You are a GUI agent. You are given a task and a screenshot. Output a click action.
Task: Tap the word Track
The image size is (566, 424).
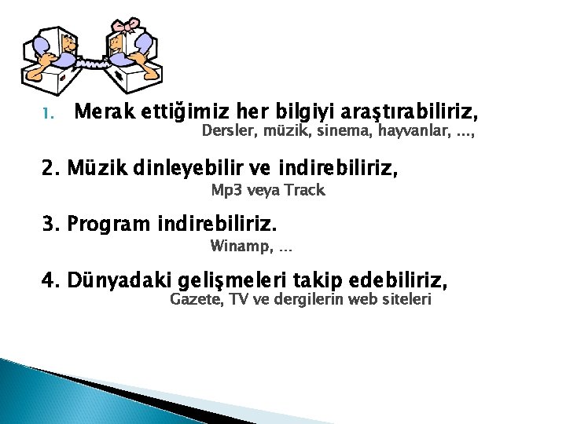pos(303,190)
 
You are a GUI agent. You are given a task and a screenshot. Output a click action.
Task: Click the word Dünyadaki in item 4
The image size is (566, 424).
pos(120,280)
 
